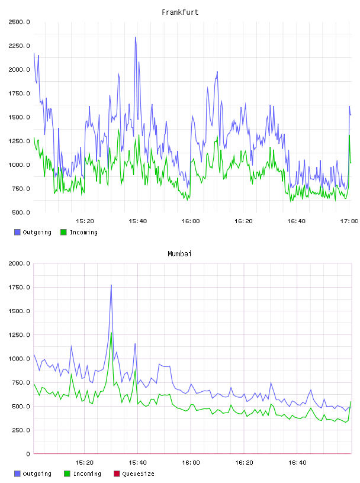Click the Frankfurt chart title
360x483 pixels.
pyautogui.click(x=180, y=12)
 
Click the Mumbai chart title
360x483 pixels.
pyautogui.click(x=179, y=254)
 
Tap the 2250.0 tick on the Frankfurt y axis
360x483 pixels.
pyautogui.click(x=19, y=46)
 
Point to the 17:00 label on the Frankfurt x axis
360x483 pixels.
pyautogui.click(x=349, y=221)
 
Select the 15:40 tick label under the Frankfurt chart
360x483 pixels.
pyautogui.click(x=138, y=221)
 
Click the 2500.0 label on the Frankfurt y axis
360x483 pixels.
pyautogui.click(x=19, y=22)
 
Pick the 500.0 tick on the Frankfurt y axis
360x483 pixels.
pyautogui.click(x=21, y=212)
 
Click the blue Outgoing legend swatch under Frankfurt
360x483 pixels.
pyautogui.click(x=17, y=232)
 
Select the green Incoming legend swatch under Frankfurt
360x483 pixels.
pyautogui.click(x=63, y=232)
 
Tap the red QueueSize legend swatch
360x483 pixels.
pyautogui.click(x=117, y=474)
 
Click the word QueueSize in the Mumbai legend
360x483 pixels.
pyautogui.click(x=138, y=474)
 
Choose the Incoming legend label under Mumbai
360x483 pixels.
pyautogui.click(x=87, y=474)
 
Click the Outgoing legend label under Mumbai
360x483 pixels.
pyautogui.click(x=37, y=474)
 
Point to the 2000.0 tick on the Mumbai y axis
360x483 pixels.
pyautogui.click(x=19, y=263)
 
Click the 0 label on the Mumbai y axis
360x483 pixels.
pyautogui.click(x=28, y=454)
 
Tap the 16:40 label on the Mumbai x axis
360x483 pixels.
pyautogui.click(x=297, y=463)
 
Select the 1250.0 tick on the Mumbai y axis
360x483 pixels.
pyautogui.click(x=19, y=335)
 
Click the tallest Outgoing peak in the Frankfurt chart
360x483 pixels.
pyautogui.click(x=136, y=37)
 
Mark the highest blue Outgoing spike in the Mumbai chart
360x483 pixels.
pyautogui.click(x=111, y=285)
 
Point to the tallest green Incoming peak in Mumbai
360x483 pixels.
pyautogui.click(x=111, y=333)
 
